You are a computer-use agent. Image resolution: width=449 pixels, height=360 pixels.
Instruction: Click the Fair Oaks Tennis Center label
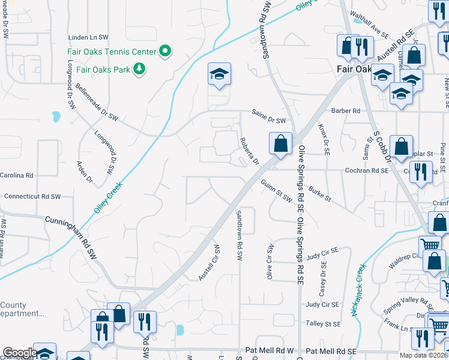click(112, 52)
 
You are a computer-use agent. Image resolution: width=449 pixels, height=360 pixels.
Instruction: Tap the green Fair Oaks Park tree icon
click(139, 70)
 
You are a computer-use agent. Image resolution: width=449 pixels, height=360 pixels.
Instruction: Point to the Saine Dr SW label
click(268, 121)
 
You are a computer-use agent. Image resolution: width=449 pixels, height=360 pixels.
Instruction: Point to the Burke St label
click(319, 194)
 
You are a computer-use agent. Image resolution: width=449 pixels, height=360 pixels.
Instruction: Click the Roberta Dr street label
click(249, 152)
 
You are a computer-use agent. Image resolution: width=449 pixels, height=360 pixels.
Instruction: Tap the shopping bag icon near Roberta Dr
click(280, 144)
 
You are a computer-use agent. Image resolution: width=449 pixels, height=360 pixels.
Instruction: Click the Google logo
click(19, 353)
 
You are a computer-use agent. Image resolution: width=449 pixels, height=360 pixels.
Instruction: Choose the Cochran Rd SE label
click(367, 170)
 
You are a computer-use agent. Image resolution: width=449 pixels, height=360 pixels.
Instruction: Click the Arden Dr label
click(85, 172)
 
